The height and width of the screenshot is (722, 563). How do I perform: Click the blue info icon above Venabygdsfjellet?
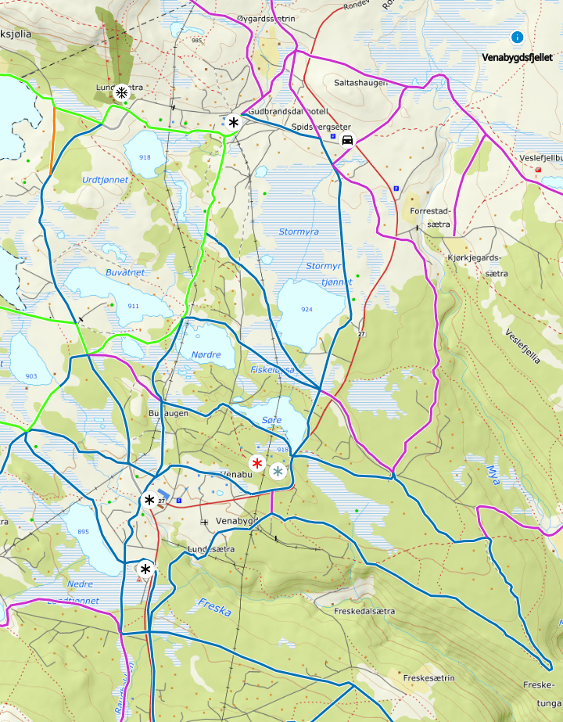click(x=517, y=37)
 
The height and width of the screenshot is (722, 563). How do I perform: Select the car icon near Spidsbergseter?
click(x=347, y=140)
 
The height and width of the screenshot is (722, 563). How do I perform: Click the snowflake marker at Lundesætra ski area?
click(x=121, y=93)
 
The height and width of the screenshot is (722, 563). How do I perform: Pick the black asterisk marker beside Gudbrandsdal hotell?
click(x=233, y=122)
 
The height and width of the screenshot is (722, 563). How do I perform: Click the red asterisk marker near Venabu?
click(x=256, y=463)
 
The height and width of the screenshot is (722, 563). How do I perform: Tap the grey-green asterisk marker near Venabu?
click(x=277, y=471)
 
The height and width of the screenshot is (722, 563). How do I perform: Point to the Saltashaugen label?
click(x=360, y=82)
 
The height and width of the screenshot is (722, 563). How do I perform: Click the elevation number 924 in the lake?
click(x=307, y=309)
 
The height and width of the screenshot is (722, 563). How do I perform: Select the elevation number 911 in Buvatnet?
click(x=133, y=305)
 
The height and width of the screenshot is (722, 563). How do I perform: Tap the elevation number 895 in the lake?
click(x=83, y=532)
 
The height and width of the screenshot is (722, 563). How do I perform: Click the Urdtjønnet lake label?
click(x=105, y=179)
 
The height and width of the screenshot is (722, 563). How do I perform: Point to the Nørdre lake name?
click(x=206, y=354)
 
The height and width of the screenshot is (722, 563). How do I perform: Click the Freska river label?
click(x=214, y=607)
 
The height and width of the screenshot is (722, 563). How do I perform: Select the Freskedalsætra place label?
click(x=364, y=611)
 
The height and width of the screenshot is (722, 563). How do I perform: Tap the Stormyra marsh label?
click(x=299, y=232)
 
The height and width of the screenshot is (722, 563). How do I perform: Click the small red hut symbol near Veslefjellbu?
click(x=539, y=170)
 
